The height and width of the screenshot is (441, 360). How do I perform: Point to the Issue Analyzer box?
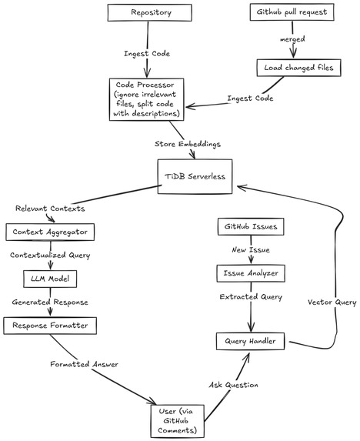pos(249,273)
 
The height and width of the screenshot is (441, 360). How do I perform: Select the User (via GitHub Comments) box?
pos(178,419)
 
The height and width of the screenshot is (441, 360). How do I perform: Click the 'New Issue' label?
pos(249,250)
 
